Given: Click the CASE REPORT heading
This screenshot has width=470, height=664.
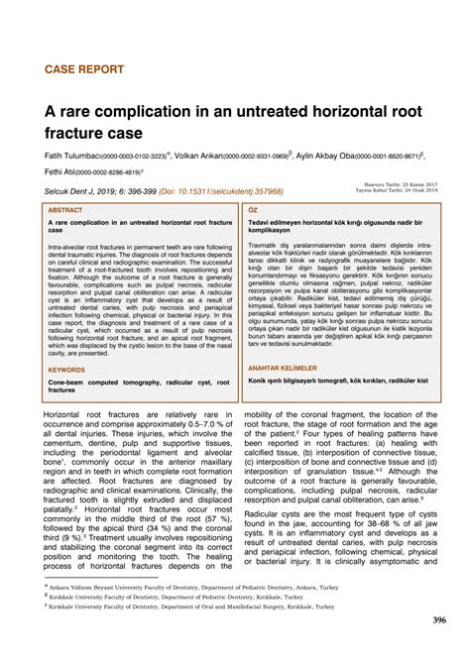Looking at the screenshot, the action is (84, 69).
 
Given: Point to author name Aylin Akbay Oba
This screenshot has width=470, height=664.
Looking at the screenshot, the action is (332, 156).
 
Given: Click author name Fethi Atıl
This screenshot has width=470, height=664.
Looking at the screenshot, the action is (60, 172).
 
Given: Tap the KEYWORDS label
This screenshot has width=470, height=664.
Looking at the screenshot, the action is (67, 370).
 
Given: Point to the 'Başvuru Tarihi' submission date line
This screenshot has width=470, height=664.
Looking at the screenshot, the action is (395, 185).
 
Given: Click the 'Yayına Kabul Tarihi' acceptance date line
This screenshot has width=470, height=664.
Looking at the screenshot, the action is (395, 191).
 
